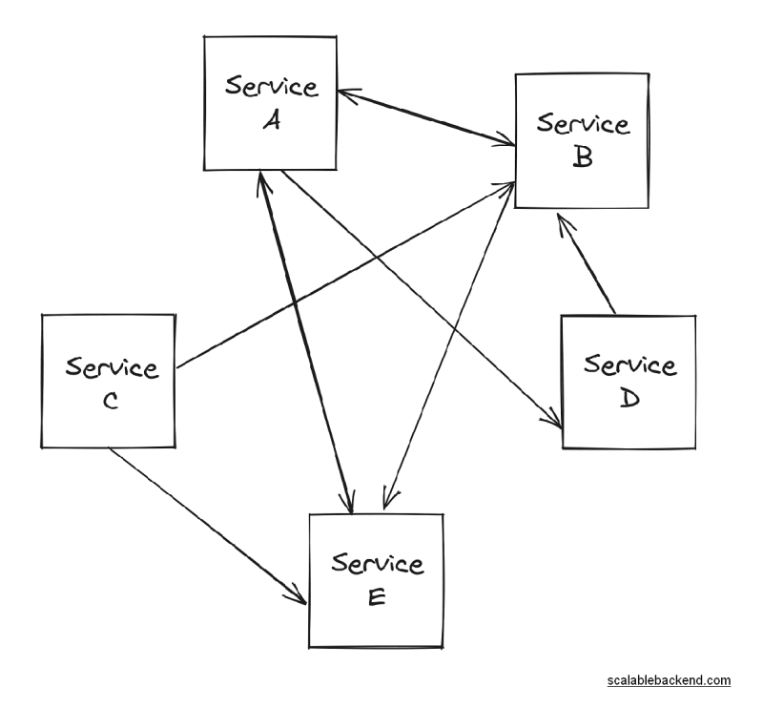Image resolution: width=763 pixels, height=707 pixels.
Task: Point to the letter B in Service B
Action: [583, 157]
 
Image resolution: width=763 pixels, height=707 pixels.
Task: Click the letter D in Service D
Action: [629, 399]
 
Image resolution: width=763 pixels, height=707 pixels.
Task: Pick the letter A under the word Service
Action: [272, 119]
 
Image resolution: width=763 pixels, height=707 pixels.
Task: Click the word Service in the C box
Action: [112, 367]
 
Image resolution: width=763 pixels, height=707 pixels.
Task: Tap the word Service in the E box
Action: [378, 563]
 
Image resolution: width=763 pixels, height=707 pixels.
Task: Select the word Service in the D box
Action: [630, 364]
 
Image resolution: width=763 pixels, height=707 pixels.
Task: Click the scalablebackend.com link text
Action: [670, 679]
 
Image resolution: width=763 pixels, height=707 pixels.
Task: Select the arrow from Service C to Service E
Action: [207, 526]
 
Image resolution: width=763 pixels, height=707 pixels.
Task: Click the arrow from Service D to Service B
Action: [587, 263]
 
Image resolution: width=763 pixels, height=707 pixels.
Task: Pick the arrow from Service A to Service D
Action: [422, 299]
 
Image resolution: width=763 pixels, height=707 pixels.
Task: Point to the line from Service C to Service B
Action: [346, 275]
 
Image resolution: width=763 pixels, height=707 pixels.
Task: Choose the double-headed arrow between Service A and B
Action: [426, 116]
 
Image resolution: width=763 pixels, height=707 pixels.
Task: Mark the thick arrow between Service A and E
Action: [305, 342]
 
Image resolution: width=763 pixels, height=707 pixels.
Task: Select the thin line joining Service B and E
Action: [448, 345]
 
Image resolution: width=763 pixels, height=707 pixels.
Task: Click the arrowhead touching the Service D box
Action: [554, 419]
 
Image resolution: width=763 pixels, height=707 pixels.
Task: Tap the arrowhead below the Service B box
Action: [565, 224]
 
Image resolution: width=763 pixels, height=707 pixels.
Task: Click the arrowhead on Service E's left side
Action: [296, 595]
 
